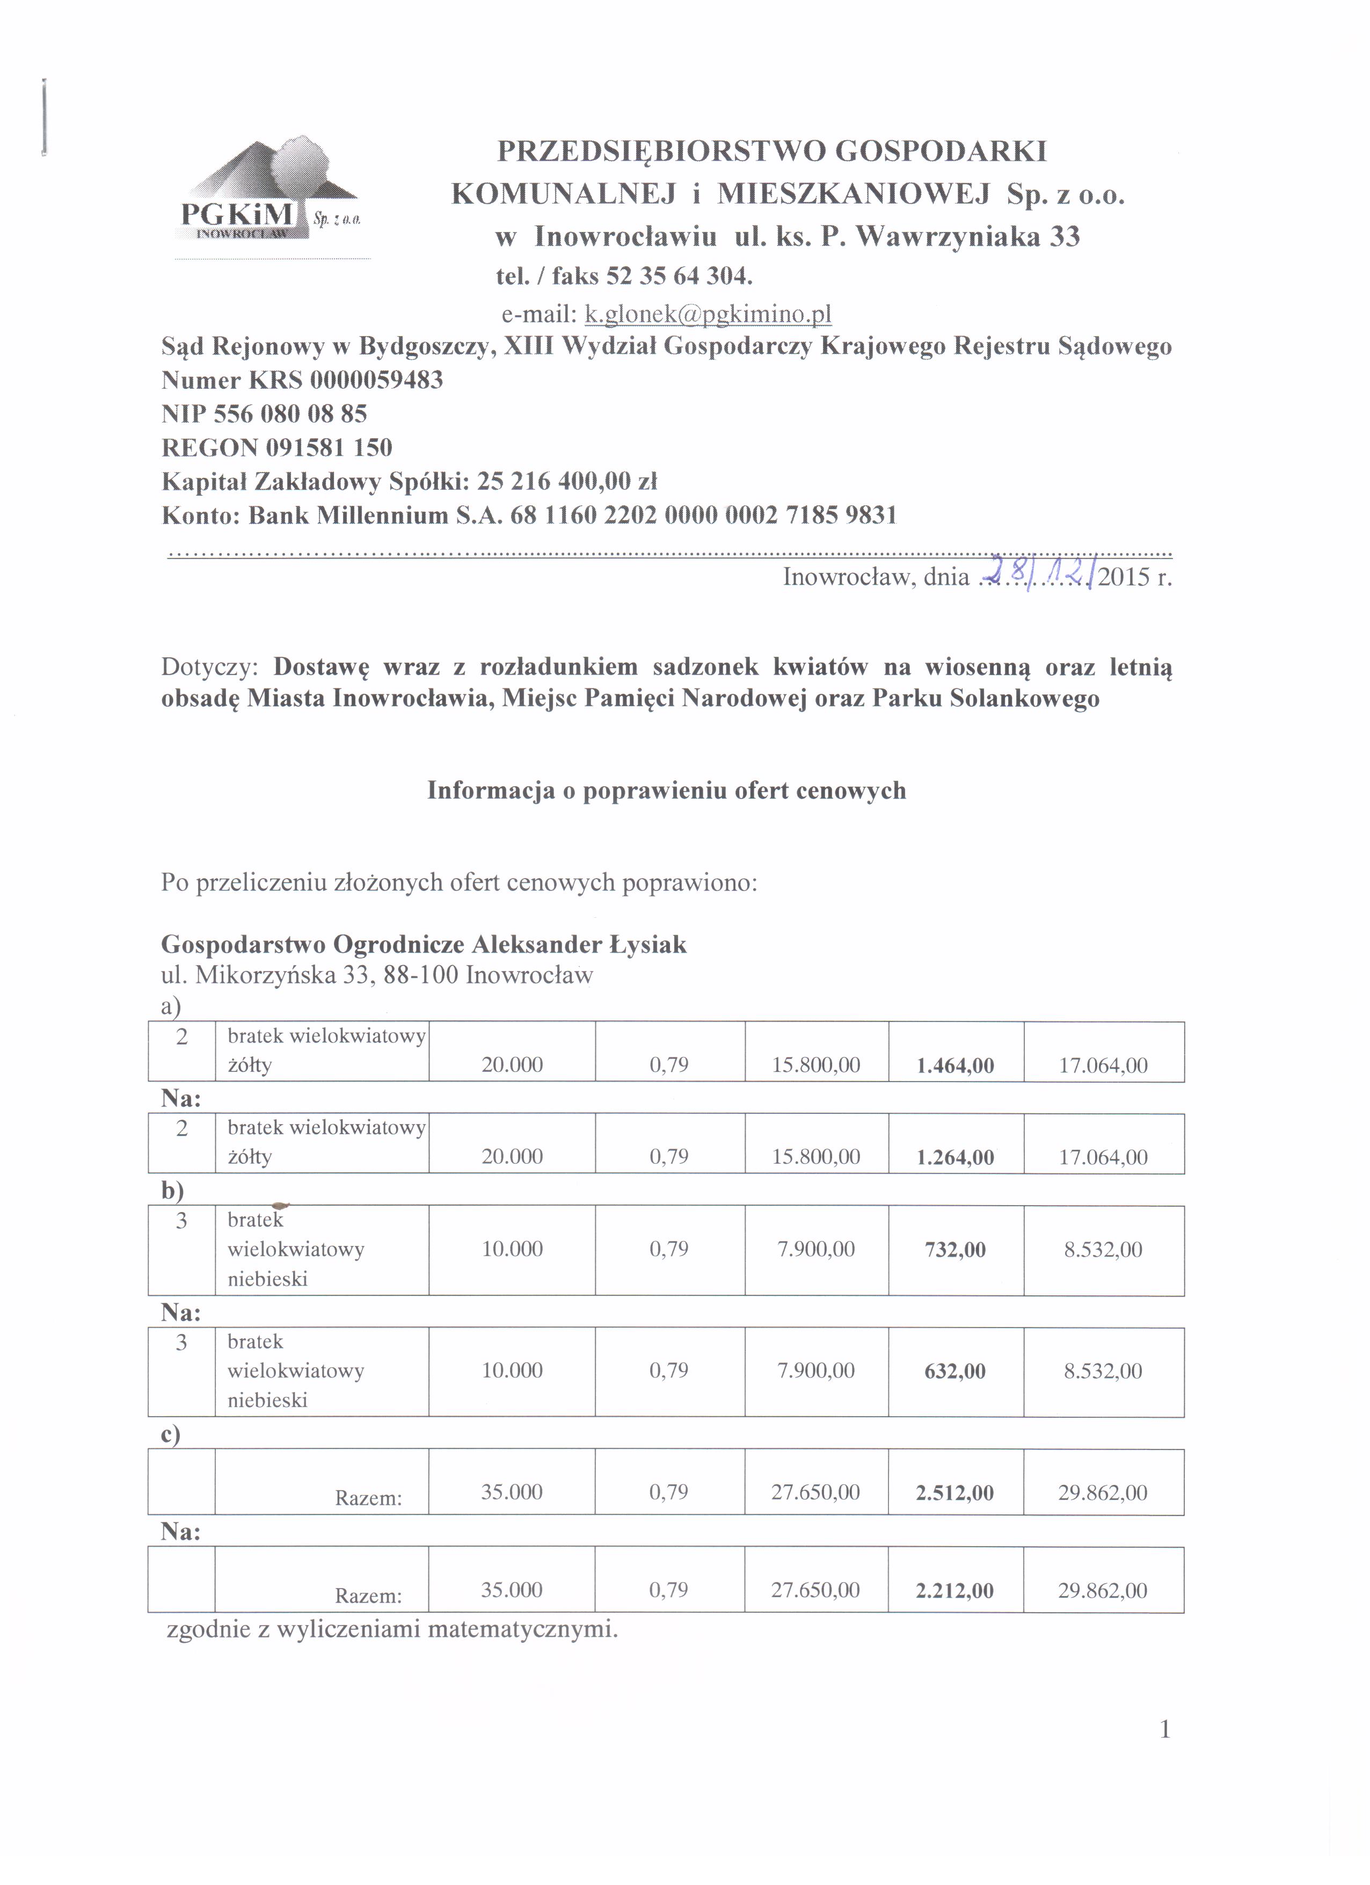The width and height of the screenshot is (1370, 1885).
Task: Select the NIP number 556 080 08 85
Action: [290, 414]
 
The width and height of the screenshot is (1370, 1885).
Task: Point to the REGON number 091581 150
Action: [329, 447]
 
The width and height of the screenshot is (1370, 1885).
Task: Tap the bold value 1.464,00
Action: [956, 1065]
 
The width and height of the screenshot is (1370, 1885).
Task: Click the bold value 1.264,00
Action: [956, 1157]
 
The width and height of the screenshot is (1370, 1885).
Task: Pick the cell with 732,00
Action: [956, 1249]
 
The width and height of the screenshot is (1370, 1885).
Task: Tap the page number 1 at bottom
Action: [1165, 1730]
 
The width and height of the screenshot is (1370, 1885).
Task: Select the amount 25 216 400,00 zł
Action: [567, 481]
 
